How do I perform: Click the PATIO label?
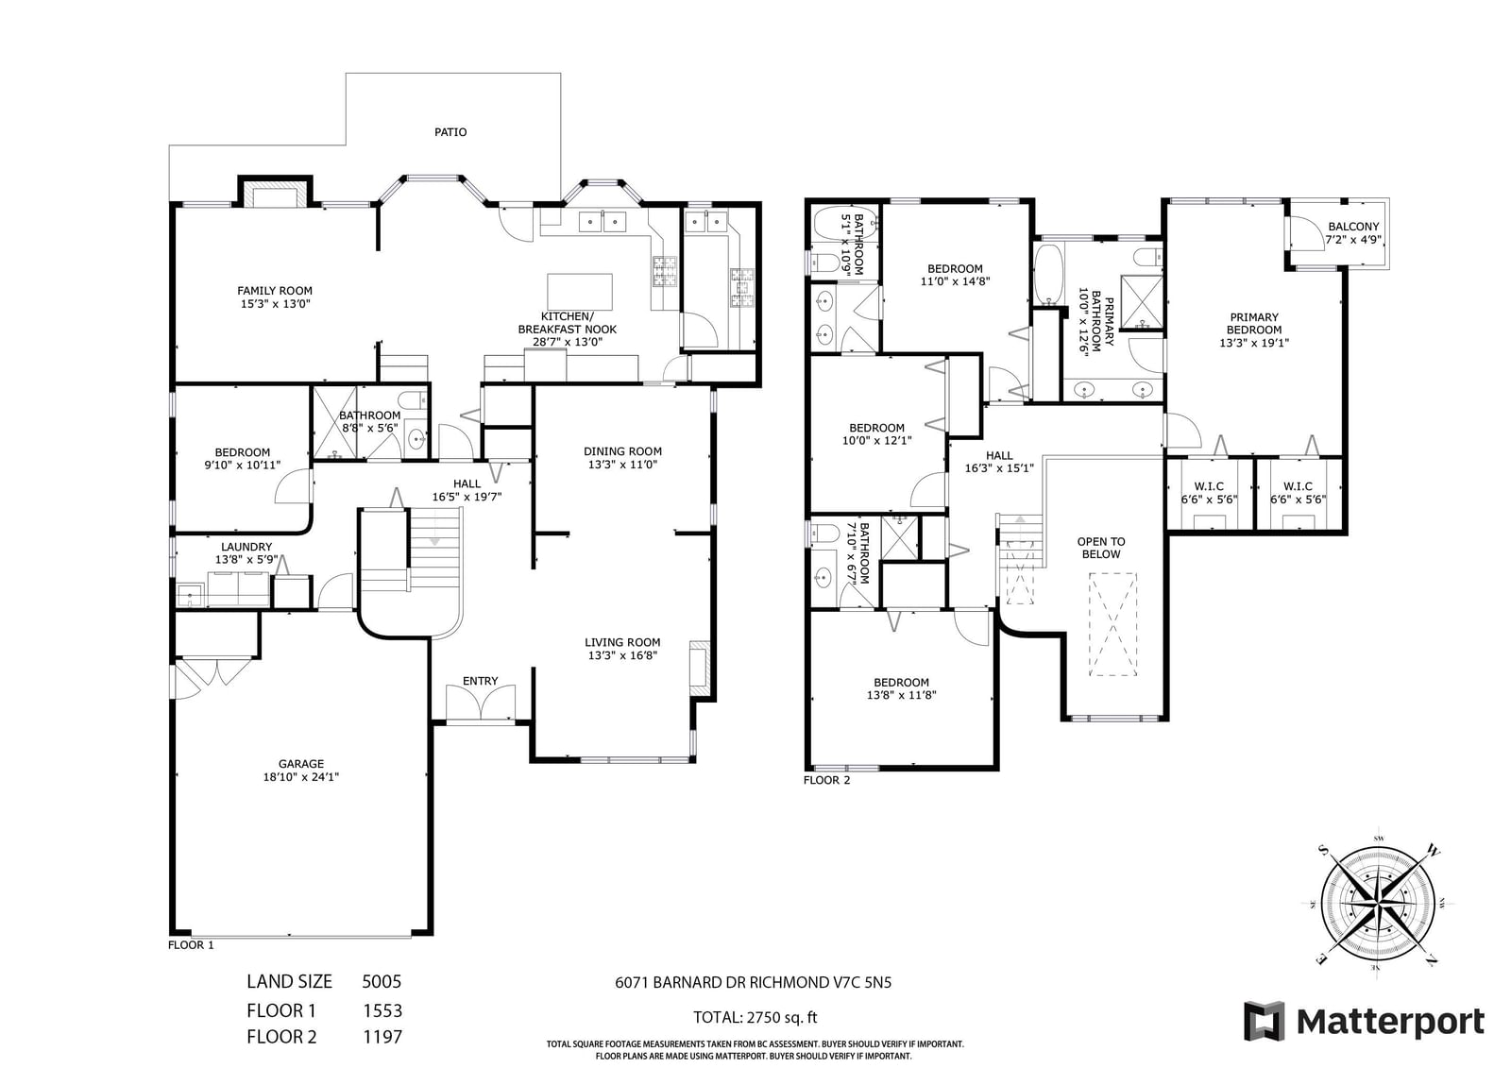pyautogui.click(x=450, y=132)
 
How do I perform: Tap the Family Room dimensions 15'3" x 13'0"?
pyautogui.click(x=275, y=304)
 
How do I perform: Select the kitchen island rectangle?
pyautogui.click(x=580, y=292)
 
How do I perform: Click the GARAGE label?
pyautogui.click(x=301, y=764)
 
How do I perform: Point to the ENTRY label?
pyautogui.click(x=481, y=682)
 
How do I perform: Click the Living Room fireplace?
pyautogui.click(x=700, y=668)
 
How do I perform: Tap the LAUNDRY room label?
pyautogui.click(x=246, y=547)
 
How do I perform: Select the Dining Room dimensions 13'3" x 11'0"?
pyautogui.click(x=622, y=465)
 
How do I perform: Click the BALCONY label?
pyautogui.click(x=1353, y=227)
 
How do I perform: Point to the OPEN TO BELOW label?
pyautogui.click(x=1101, y=548)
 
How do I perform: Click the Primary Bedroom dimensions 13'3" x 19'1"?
pyautogui.click(x=1254, y=343)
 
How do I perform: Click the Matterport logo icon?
pyautogui.click(x=1264, y=1022)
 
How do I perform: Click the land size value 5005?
pyautogui.click(x=382, y=982)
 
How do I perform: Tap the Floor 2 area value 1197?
pyautogui.click(x=382, y=1037)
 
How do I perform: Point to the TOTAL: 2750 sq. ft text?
pyautogui.click(x=755, y=1017)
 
